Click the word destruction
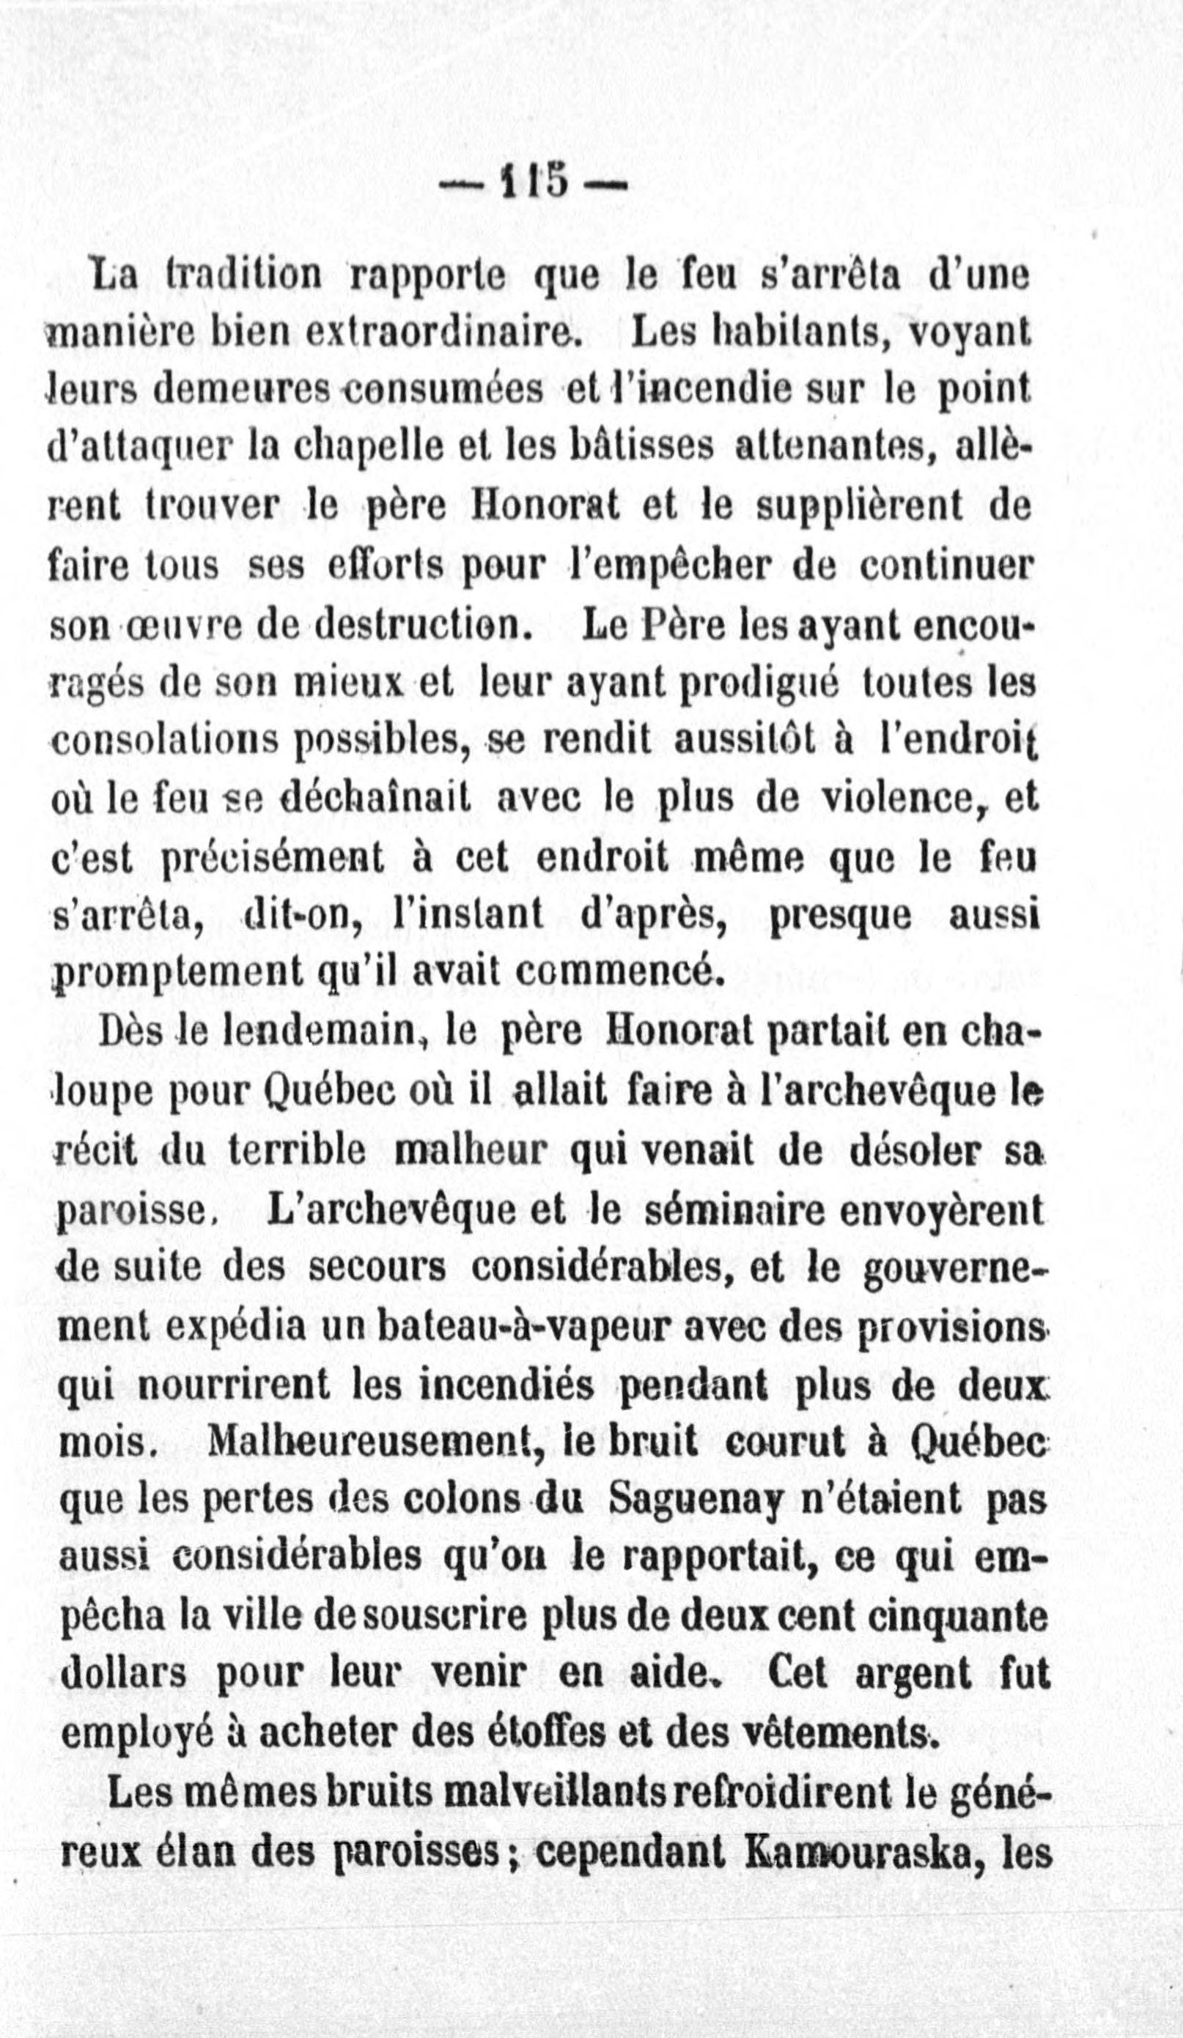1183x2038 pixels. [423, 625]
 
